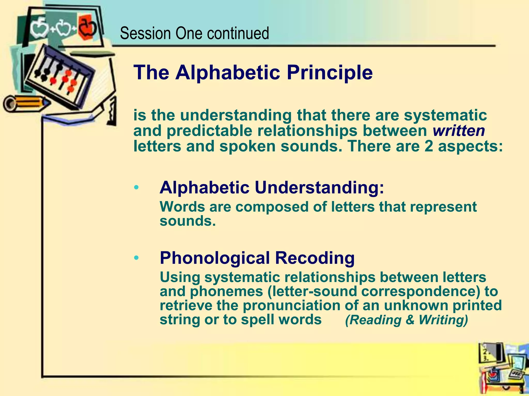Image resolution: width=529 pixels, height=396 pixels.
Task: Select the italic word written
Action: pos(459,131)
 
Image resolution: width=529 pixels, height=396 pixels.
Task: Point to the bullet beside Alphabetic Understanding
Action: pos(136,187)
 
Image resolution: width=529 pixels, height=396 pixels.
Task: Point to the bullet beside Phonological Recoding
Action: pos(136,258)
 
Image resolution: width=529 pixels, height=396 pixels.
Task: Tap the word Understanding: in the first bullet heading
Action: pos(320,188)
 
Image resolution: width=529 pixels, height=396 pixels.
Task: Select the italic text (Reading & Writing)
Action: pos(407,320)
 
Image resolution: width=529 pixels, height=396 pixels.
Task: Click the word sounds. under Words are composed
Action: pos(188,221)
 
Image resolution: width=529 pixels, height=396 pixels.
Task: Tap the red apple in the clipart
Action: pos(87,28)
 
